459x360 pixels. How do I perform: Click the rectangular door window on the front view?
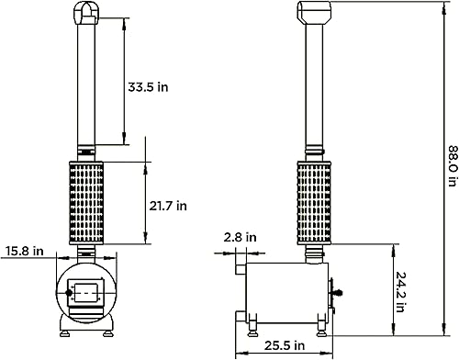88,293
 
